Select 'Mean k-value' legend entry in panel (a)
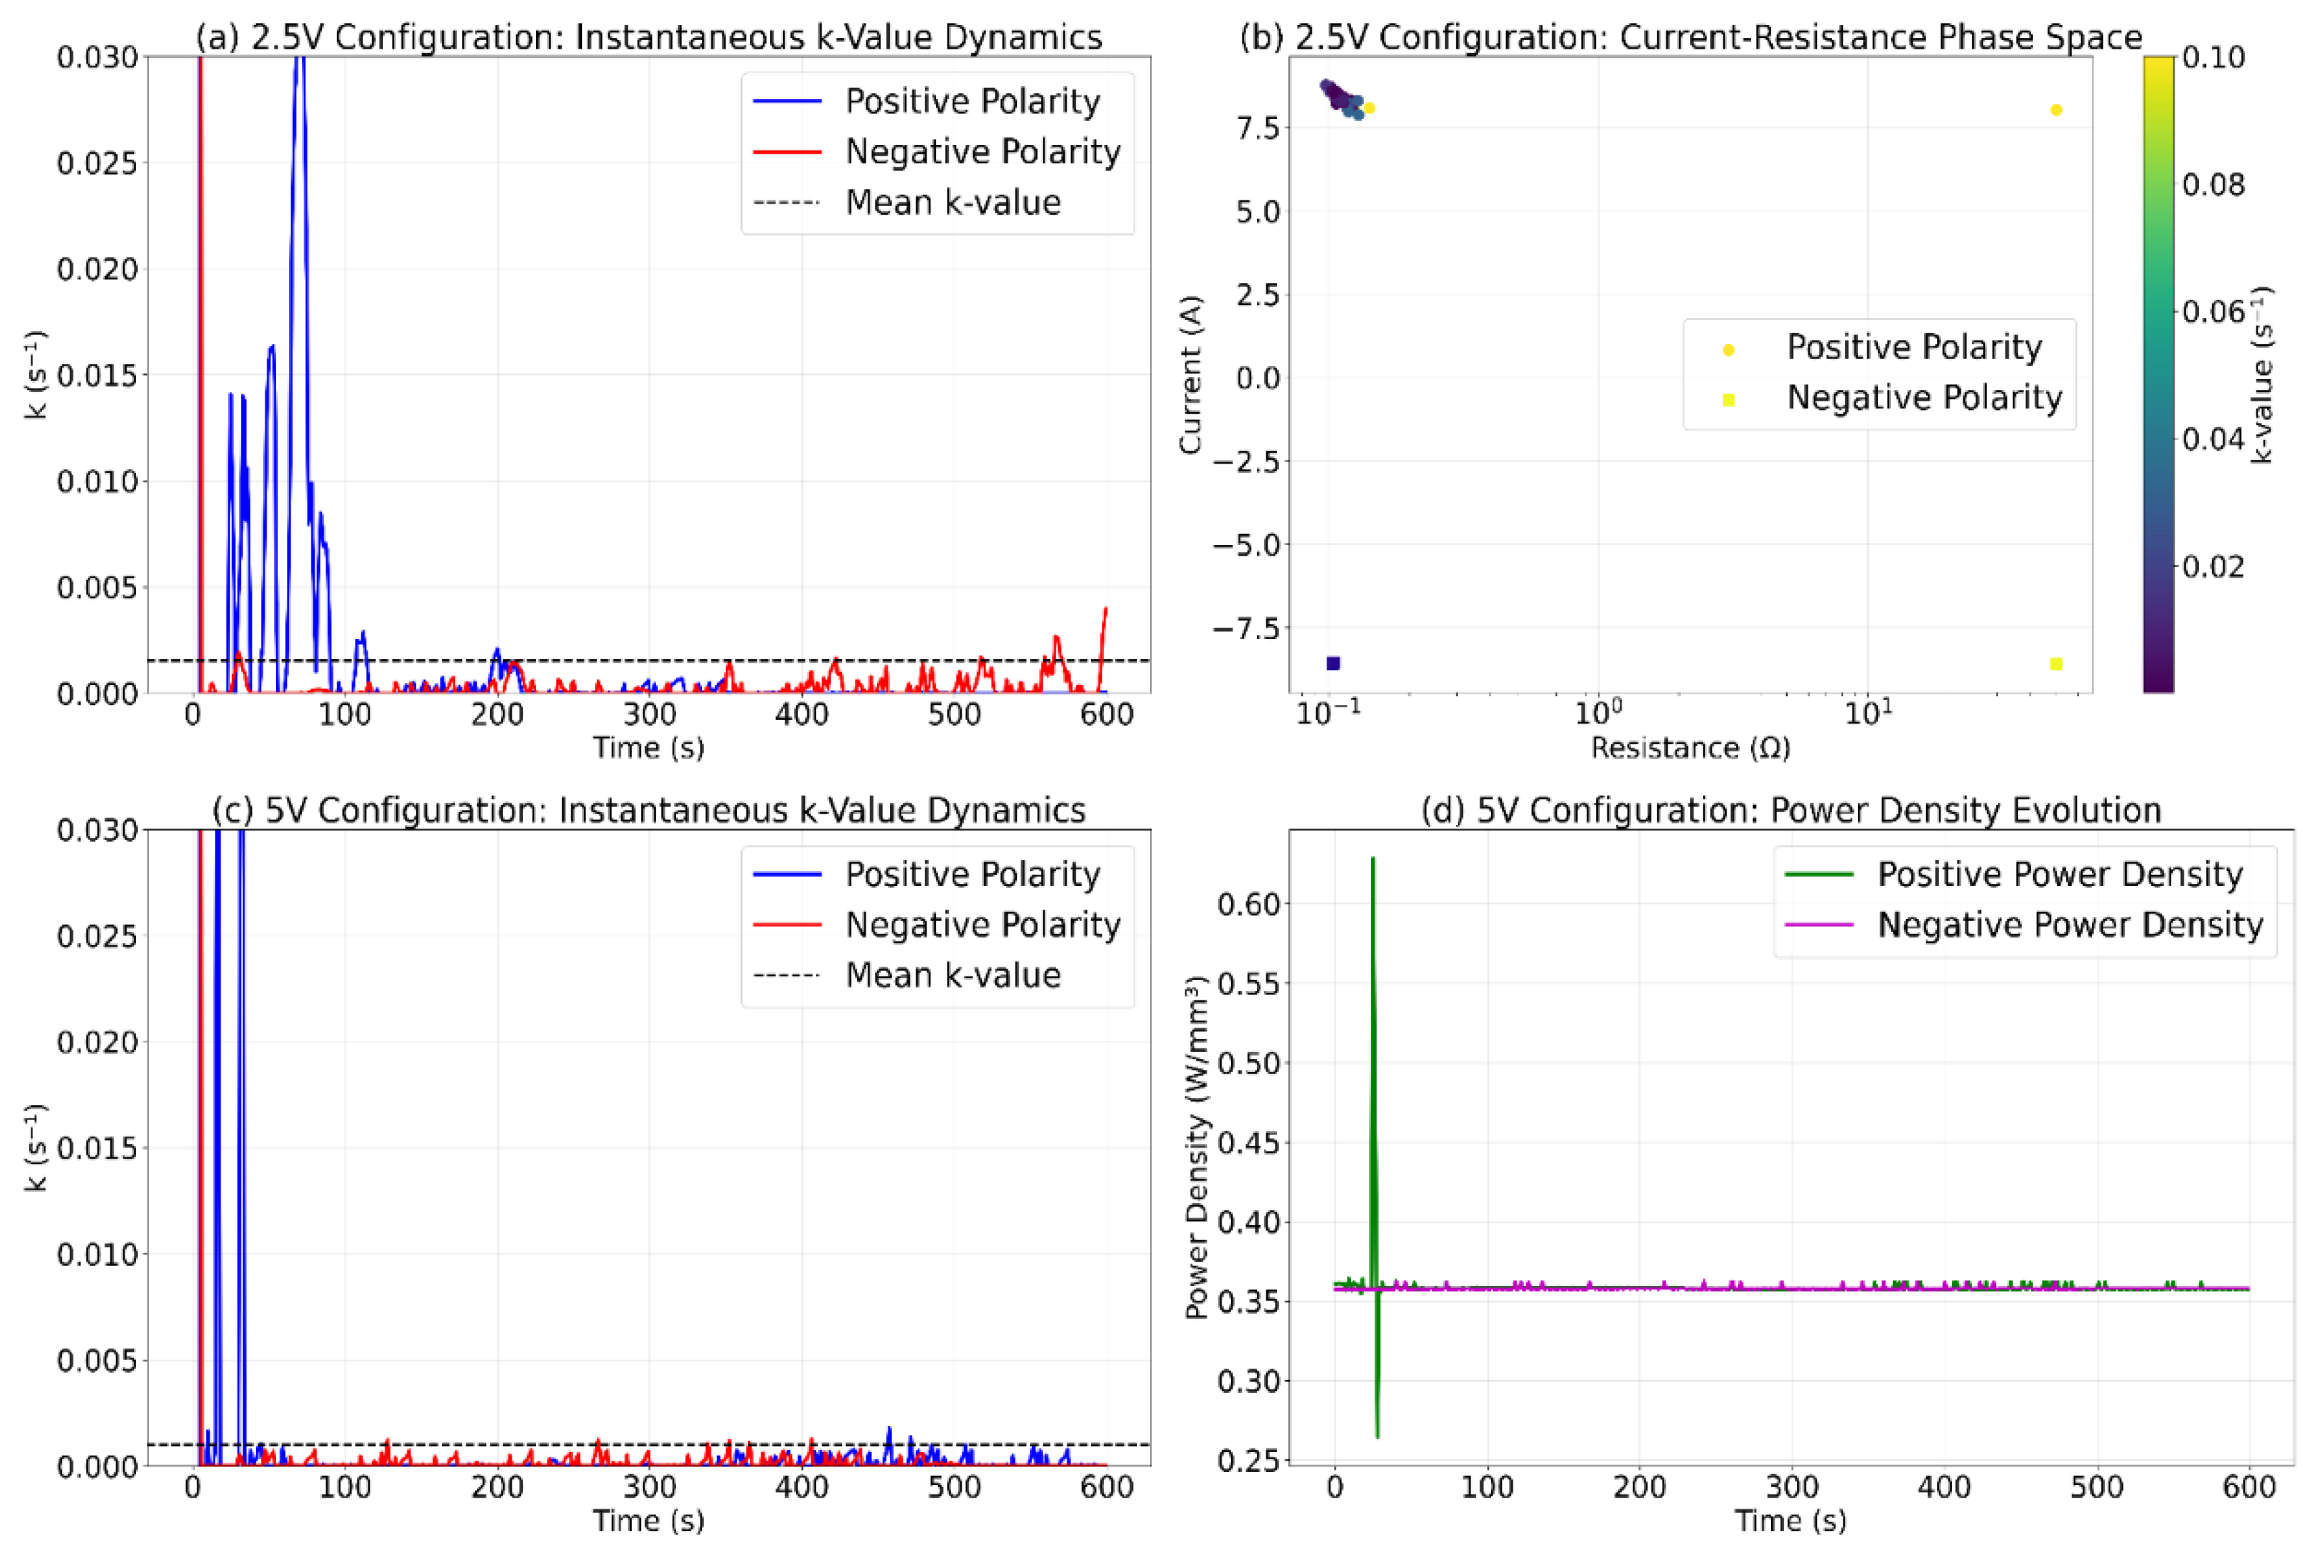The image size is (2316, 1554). [x=952, y=202]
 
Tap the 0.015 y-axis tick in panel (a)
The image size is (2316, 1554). [x=96, y=375]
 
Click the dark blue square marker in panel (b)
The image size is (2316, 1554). [x=1333, y=663]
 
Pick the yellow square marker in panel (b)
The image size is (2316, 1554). [x=2056, y=663]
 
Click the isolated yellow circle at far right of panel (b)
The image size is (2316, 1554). [x=2056, y=110]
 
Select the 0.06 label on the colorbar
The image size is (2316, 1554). [x=2213, y=311]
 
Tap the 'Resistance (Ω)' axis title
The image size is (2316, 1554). [x=1691, y=747]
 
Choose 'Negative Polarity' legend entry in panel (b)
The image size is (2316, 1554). [x=1923, y=397]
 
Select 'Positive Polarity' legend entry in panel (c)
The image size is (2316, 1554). [x=972, y=874]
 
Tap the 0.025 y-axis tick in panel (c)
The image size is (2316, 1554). [x=96, y=935]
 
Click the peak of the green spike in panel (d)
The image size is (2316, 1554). [x=1373, y=858]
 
